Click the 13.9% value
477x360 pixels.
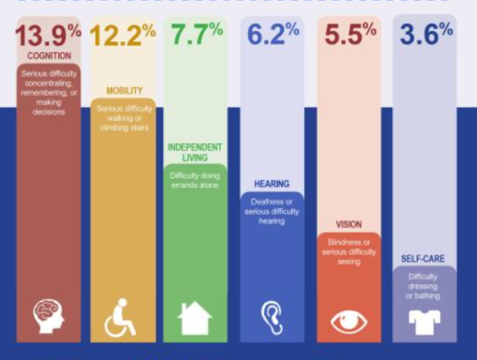[x=47, y=36]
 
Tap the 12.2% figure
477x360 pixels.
[x=122, y=36]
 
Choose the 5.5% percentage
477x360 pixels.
[x=350, y=35]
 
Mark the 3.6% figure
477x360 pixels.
[x=426, y=35]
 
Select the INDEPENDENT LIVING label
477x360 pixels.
[x=195, y=152]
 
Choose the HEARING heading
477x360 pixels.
[x=272, y=184]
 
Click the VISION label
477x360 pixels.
[x=348, y=225]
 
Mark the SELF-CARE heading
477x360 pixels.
[x=424, y=259]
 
